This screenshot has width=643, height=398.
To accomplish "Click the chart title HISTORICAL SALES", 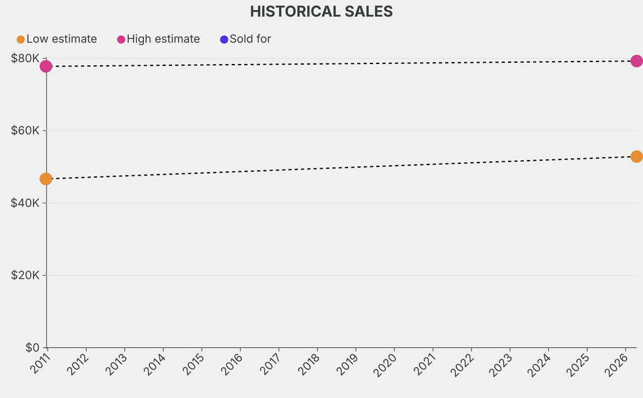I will coord(321,11).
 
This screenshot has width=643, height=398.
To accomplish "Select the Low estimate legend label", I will coord(62,39).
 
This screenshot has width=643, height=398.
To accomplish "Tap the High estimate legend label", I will coord(163,39).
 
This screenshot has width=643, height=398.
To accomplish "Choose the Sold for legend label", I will coord(250,39).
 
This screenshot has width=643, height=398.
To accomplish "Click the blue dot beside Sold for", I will coord(224,40).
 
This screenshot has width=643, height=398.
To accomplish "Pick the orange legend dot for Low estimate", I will coord(21,40).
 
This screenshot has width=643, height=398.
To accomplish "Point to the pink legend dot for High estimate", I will coord(121,40).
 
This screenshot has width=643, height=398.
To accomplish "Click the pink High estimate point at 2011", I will coord(46,66).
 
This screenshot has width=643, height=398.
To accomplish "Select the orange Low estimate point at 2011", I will coord(46,179).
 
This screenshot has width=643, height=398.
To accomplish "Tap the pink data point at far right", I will coord(636,61).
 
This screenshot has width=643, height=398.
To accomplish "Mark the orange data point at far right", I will coord(636,156).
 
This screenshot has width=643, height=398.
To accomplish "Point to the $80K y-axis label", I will coord(25,58).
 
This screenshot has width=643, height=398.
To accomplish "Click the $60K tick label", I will coord(25,131).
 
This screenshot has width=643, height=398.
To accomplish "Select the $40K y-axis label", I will coord(25,203).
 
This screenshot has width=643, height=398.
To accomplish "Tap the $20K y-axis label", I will coord(25,275).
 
